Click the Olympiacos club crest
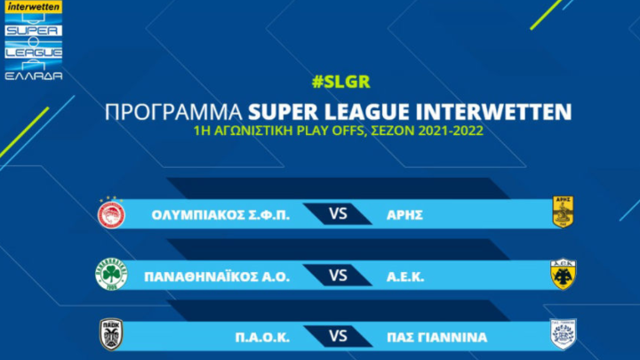point(111,214)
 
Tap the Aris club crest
point(563,212)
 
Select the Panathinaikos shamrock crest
point(111,275)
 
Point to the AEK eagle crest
point(563,274)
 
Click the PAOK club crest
point(111,335)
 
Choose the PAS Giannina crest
point(563,334)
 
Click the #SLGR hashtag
point(340,82)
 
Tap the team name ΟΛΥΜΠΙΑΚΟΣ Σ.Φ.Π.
point(220,215)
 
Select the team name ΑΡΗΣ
point(404,215)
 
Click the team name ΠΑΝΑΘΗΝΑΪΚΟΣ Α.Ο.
point(217,276)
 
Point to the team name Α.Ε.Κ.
point(405,277)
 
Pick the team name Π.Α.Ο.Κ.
point(262,338)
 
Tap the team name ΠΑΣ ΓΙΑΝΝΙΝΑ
point(436,338)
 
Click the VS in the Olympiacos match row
point(338,213)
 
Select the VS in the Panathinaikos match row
point(338,276)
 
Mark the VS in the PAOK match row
point(338,336)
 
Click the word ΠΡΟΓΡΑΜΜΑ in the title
point(173,112)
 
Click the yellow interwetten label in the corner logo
point(34,7)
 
